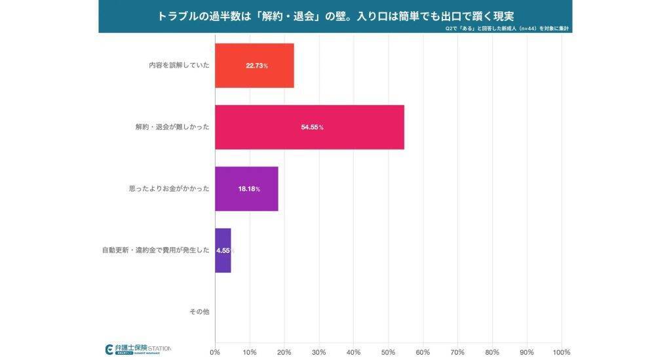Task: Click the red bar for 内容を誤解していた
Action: point(254,66)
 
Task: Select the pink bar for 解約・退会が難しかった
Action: point(309,127)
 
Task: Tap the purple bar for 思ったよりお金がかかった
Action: point(246,189)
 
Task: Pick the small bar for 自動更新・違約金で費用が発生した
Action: point(223,250)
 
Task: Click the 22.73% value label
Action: point(257,66)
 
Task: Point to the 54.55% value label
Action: point(312,127)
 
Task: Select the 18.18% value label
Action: point(249,189)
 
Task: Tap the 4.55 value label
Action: point(223,250)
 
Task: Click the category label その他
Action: point(199,312)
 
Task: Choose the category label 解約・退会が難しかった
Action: point(168,127)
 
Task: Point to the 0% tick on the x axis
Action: point(215,352)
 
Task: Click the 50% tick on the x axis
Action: point(388,352)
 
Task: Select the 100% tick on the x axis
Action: point(561,352)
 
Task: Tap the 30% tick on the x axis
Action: point(319,352)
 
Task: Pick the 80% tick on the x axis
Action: point(492,352)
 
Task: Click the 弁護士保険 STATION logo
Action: point(138,349)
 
